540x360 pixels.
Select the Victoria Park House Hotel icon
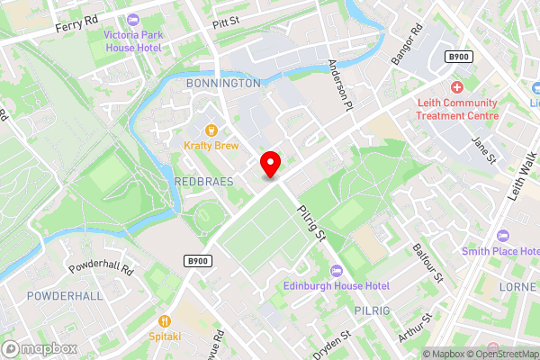[x=134, y=20]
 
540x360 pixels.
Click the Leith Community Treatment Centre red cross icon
[x=457, y=87]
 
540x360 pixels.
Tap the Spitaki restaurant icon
[x=165, y=320]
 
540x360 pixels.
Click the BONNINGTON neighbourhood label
[x=222, y=83]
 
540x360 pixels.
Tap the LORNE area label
[x=517, y=286]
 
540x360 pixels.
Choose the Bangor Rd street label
[x=406, y=44]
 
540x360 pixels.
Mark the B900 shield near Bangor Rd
[x=459, y=57]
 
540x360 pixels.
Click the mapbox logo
[x=38, y=348]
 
